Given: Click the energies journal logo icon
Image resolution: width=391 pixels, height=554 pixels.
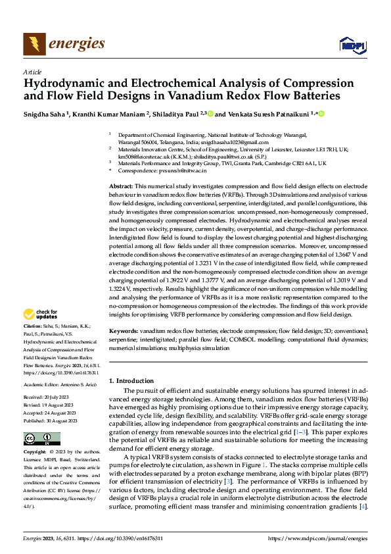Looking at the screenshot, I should pos(34,44).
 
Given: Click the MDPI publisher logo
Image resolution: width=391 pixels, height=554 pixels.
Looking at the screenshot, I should pos(352,45).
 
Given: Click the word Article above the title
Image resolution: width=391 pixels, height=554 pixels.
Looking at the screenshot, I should pos(32,72).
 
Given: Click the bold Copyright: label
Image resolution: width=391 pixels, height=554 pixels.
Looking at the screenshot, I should pos(35,453).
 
